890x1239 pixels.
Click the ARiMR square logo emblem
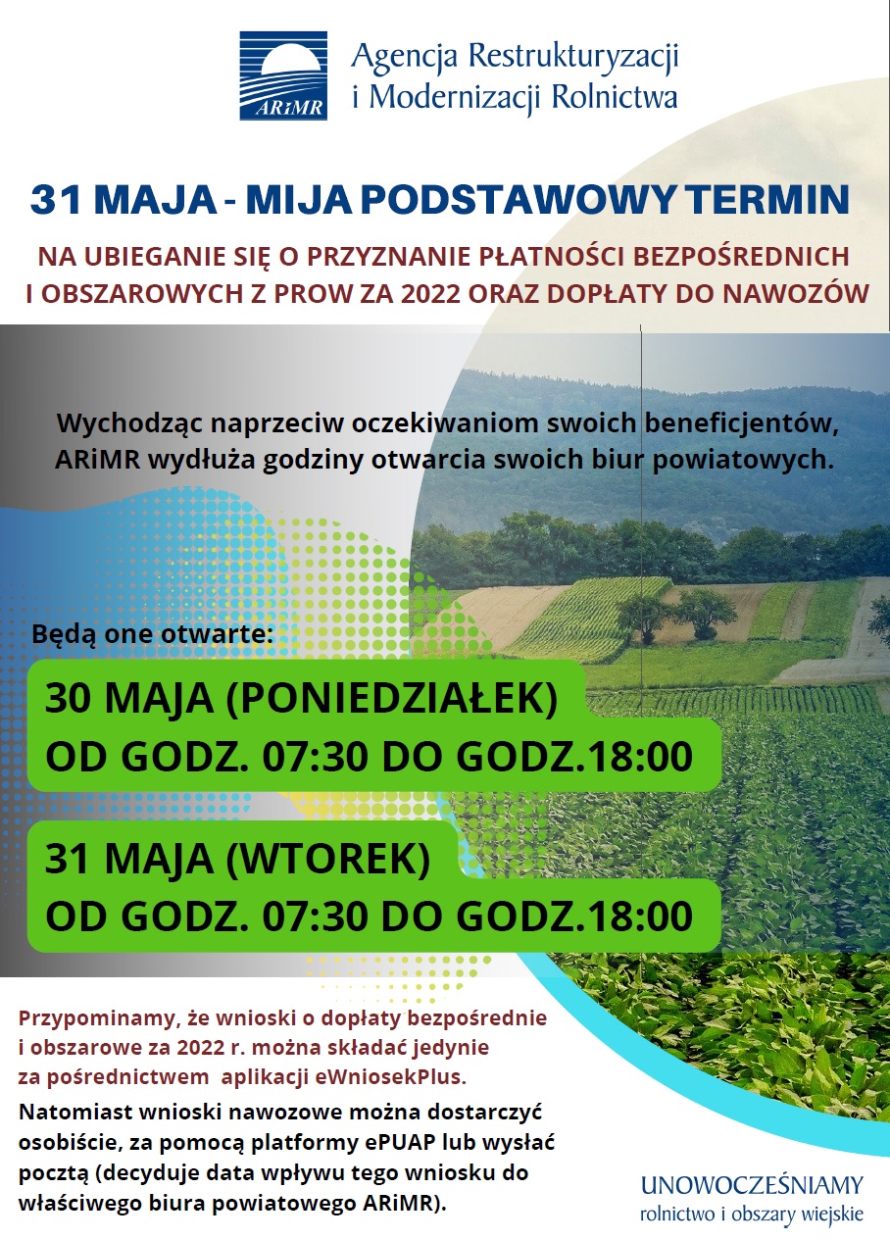(283, 75)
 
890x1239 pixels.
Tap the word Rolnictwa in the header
(616, 96)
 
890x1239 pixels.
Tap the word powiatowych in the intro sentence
(742, 461)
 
